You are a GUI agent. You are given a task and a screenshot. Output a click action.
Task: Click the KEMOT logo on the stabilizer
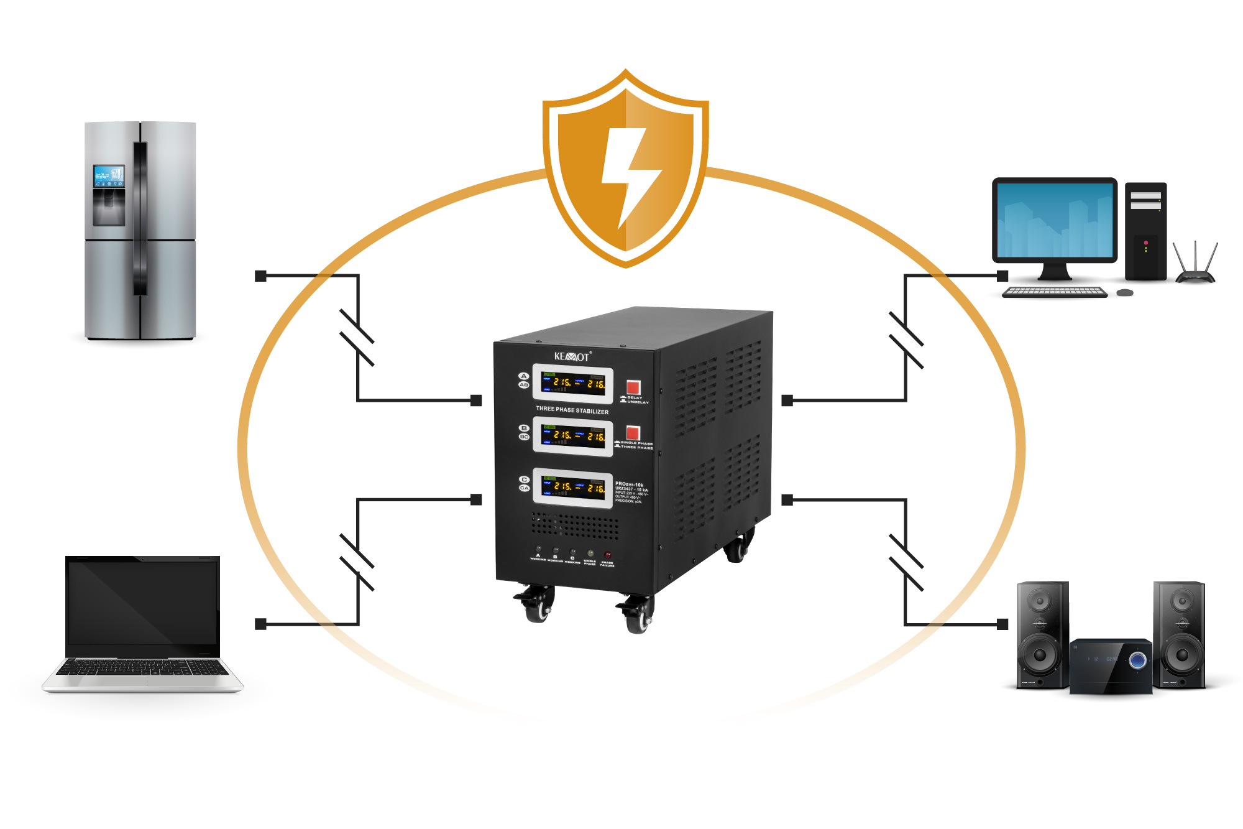pyautogui.click(x=572, y=356)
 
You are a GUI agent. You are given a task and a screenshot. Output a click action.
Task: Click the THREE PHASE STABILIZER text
pyautogui.click(x=572, y=410)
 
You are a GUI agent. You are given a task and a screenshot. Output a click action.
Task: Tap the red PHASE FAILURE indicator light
pyautogui.click(x=608, y=554)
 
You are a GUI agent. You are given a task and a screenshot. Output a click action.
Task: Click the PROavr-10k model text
pyautogui.click(x=629, y=484)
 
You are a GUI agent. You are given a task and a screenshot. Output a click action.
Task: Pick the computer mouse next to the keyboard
pyautogui.click(x=1125, y=292)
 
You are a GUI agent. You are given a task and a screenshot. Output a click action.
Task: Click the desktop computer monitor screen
pyautogui.click(x=1055, y=220)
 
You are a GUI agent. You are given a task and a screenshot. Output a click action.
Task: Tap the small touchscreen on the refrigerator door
pyautogui.click(x=108, y=176)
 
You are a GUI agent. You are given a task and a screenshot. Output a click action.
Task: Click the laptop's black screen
pyautogui.click(x=142, y=603)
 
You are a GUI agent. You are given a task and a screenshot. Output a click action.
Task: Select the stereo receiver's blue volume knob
pyautogui.click(x=1138, y=660)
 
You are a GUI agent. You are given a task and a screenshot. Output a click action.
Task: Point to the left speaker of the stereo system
pyautogui.click(x=1042, y=634)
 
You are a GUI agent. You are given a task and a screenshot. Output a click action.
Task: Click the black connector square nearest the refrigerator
pyautogui.click(x=261, y=276)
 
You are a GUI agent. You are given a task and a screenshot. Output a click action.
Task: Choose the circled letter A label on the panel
pyautogui.click(x=523, y=376)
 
